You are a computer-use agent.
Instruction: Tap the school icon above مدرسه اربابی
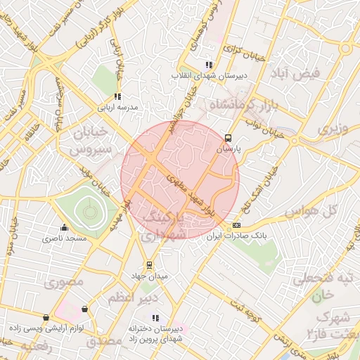(x=117, y=96)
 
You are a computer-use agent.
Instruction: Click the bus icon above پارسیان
(x=227, y=139)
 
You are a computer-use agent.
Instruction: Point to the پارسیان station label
(x=227, y=150)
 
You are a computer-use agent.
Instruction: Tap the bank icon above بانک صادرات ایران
(x=236, y=226)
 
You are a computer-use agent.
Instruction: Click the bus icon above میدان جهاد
(x=149, y=265)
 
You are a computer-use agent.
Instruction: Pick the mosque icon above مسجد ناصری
(x=65, y=228)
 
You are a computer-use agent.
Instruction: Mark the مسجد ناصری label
(x=65, y=239)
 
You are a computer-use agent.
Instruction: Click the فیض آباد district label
(x=300, y=74)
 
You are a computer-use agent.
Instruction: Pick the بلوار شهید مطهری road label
(x=188, y=194)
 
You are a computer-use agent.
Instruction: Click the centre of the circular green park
(x=88, y=210)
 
